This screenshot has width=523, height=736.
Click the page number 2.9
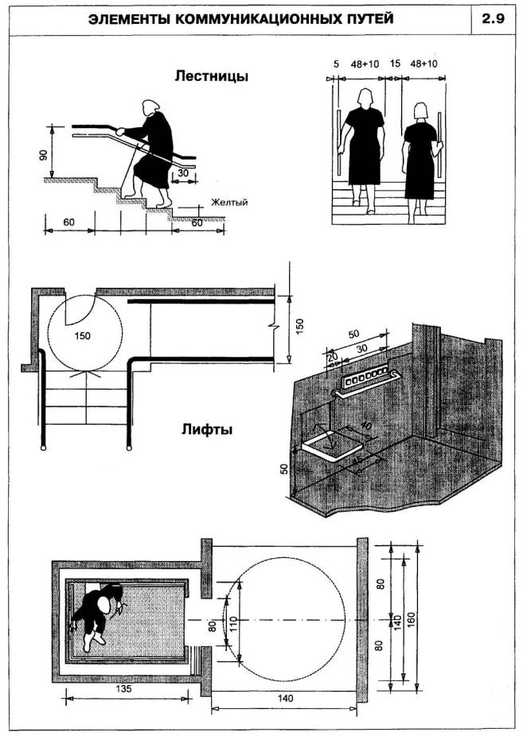(494, 20)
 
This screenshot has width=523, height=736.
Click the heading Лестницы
(211, 77)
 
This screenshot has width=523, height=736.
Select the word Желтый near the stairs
(229, 202)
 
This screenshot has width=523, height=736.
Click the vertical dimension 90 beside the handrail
(42, 154)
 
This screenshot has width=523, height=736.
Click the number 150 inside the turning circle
(81, 335)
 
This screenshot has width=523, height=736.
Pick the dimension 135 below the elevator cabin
(124, 691)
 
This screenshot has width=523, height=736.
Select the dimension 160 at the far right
(423, 618)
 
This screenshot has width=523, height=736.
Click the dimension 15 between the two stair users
(393, 64)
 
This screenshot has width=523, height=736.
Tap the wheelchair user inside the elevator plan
(96, 613)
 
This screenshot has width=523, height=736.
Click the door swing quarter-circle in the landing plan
(80, 308)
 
